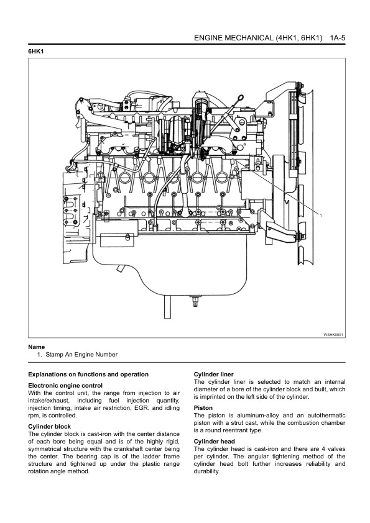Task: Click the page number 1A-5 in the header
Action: (x=337, y=38)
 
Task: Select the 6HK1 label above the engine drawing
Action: (x=36, y=52)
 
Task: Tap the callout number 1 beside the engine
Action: (x=321, y=216)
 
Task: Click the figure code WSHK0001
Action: (x=333, y=334)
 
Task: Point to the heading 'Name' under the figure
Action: (x=37, y=347)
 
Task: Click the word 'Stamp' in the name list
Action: (x=55, y=355)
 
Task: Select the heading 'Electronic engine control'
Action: (x=65, y=386)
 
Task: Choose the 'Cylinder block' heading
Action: (x=49, y=427)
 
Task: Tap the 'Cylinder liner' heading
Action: (x=214, y=375)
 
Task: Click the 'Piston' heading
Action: (x=203, y=408)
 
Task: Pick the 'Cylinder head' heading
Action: (x=215, y=442)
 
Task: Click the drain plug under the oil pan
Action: (x=195, y=301)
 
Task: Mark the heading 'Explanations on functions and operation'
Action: (x=88, y=375)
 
